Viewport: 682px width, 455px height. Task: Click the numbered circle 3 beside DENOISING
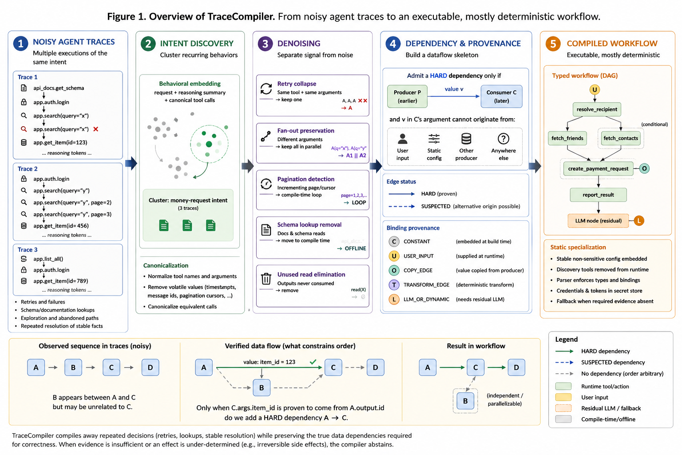click(x=265, y=44)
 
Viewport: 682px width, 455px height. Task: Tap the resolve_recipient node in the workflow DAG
click(x=596, y=109)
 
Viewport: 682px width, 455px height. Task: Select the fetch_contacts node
click(x=620, y=138)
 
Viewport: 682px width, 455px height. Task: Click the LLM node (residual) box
click(x=598, y=221)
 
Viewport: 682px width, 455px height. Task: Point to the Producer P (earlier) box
click(x=407, y=96)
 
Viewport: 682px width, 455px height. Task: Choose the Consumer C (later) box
click(x=501, y=96)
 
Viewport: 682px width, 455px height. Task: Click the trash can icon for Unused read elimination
click(x=266, y=279)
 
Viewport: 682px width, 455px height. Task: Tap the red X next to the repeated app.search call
click(x=95, y=129)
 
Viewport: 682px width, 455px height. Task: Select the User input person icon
click(x=403, y=139)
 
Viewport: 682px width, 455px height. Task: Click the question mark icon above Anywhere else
click(x=503, y=139)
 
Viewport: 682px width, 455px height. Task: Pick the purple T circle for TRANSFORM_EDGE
click(x=394, y=285)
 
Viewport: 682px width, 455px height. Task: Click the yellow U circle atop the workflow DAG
click(x=595, y=90)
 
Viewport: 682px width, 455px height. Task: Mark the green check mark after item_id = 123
click(x=313, y=362)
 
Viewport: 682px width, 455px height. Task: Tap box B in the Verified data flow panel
click(x=262, y=387)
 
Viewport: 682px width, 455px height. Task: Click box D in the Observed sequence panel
click(x=150, y=367)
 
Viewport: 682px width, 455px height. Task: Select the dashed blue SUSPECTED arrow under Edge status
click(x=401, y=206)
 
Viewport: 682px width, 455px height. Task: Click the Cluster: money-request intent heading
click(x=188, y=200)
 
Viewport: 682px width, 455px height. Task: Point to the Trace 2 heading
click(x=28, y=168)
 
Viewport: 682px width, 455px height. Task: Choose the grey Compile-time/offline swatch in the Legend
click(x=563, y=419)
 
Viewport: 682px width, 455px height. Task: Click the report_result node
click(x=598, y=195)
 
